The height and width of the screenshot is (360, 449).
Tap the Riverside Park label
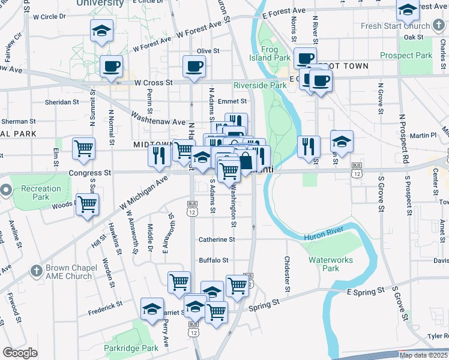[260, 85]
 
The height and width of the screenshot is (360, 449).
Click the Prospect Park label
[406, 55]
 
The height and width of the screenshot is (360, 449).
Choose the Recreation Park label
[38, 193]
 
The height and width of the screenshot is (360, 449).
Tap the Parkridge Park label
[130, 348]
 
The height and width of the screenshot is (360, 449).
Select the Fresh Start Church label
[396, 26]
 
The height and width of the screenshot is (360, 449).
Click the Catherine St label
[217, 239]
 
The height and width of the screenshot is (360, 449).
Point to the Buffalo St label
[214, 260]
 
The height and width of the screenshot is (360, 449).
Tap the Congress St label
[91, 172]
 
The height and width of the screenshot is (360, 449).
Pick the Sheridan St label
[62, 102]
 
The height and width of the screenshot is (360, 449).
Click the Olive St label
[208, 52]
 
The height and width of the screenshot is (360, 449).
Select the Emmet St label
[232, 101]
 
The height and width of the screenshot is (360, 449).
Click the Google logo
[20, 353]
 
